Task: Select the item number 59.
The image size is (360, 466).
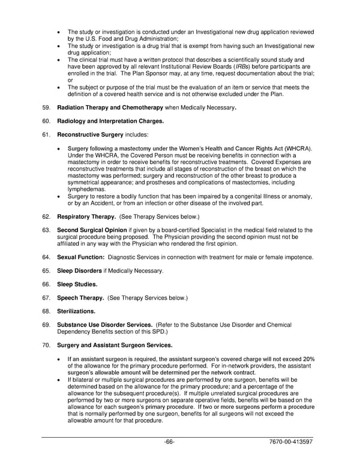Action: pos(46,107)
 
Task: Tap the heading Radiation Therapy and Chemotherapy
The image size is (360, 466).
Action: pos(110,107)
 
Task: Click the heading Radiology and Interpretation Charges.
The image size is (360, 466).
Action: pos(110,121)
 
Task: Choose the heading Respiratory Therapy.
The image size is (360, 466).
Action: pos(86,216)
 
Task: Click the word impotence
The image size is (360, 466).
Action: pos(300,257)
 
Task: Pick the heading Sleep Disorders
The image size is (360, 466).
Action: pos(83,271)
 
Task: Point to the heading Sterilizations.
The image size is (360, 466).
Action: pos(76,312)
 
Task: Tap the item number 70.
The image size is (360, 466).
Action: pos(46,345)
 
